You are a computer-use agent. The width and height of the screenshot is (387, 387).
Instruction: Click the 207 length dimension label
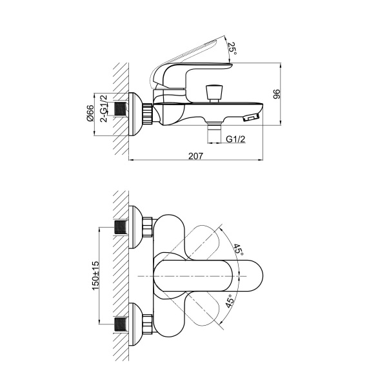197,155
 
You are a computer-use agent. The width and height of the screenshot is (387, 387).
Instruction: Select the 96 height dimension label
277,94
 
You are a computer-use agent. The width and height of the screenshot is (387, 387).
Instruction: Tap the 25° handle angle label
232,46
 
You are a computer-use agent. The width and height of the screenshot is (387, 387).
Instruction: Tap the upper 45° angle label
238,250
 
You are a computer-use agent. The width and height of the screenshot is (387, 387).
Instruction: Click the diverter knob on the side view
212,90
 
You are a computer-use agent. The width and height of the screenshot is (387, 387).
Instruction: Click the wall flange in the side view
134,114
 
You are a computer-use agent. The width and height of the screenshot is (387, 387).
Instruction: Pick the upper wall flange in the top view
135,227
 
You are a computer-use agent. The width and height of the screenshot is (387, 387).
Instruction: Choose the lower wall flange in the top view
135,321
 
